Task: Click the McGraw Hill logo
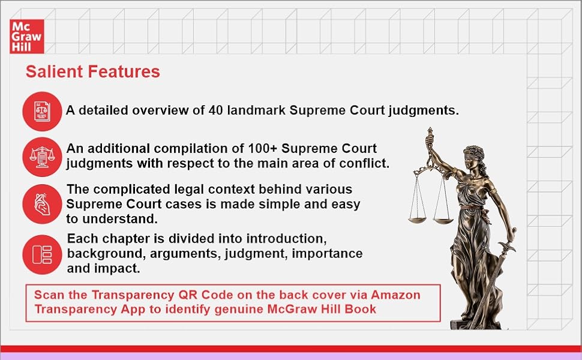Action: (27, 37)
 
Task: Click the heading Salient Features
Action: (92, 72)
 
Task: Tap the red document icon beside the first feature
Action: (43, 111)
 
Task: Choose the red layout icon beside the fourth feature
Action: (43, 254)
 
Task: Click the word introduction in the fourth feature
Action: (283, 239)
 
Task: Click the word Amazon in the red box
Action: (395, 295)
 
